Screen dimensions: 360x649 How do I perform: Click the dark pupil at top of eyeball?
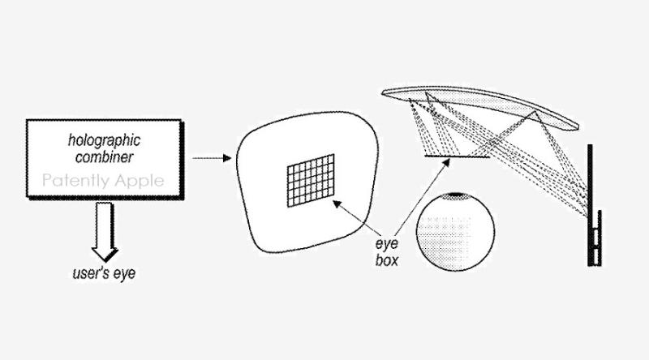coord(457,194)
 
